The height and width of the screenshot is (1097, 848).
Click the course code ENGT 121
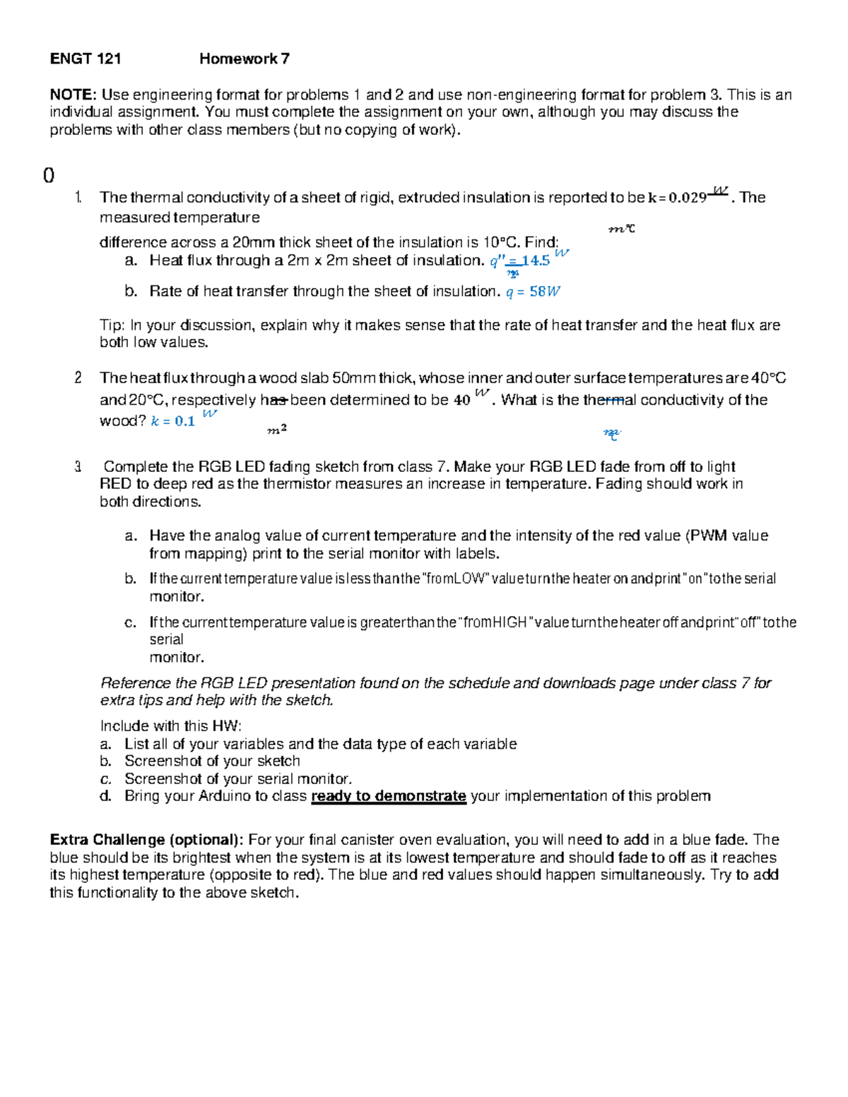(85, 59)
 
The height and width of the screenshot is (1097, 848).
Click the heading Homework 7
(244, 59)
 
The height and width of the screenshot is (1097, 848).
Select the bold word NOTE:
(73, 95)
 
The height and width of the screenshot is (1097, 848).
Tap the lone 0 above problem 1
(49, 176)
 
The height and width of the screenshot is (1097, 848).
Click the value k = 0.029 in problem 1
(677, 198)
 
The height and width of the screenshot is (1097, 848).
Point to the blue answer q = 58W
(534, 292)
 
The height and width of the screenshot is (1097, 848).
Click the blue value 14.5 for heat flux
(536, 261)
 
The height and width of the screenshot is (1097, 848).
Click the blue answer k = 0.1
(173, 422)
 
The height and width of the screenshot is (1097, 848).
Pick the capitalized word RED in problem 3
(115, 485)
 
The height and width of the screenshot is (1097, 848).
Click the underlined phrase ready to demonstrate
(388, 796)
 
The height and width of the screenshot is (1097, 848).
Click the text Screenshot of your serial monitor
(237, 779)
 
